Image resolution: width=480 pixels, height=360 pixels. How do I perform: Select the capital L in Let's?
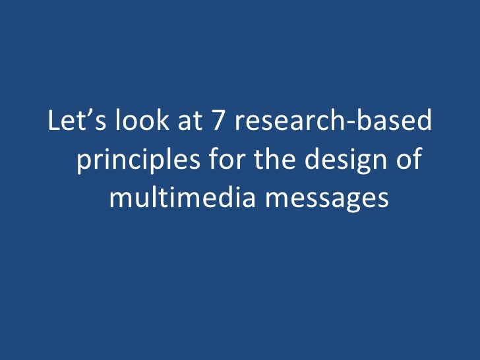pyautogui.click(x=53, y=123)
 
